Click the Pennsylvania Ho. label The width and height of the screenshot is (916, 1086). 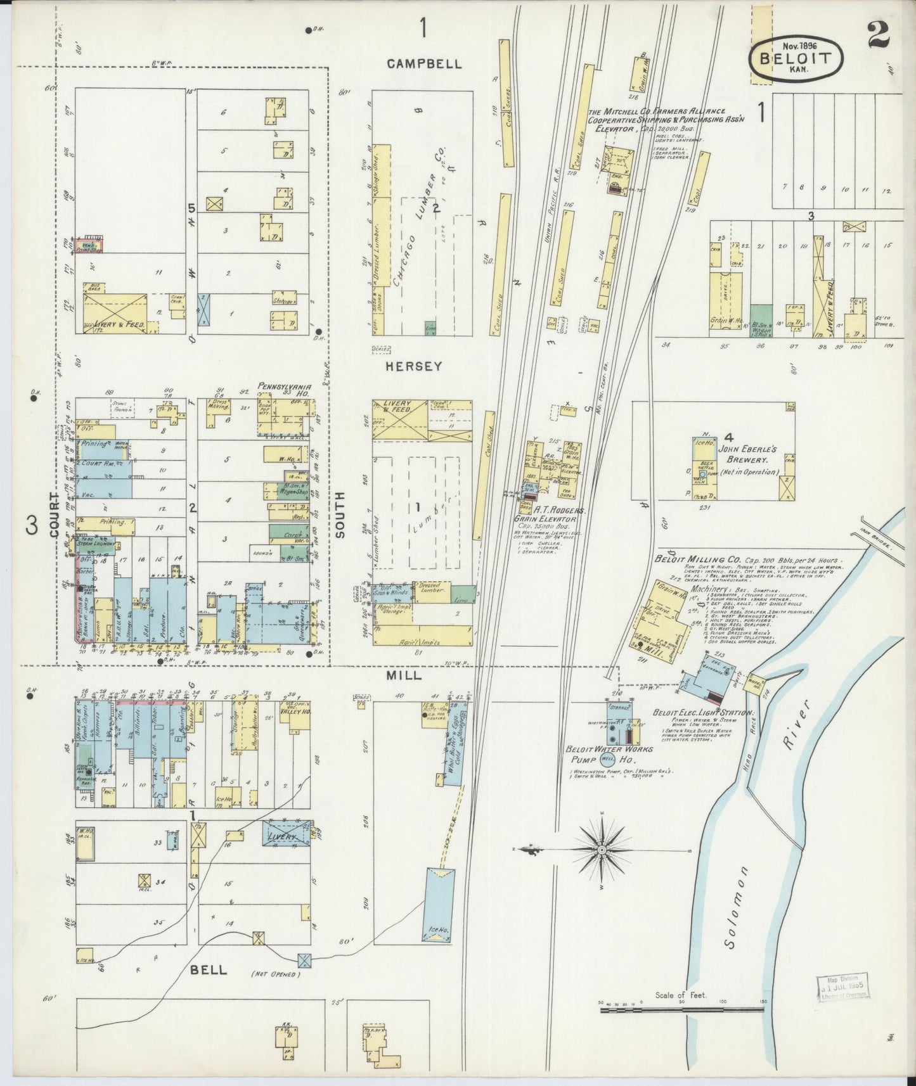click(x=284, y=388)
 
